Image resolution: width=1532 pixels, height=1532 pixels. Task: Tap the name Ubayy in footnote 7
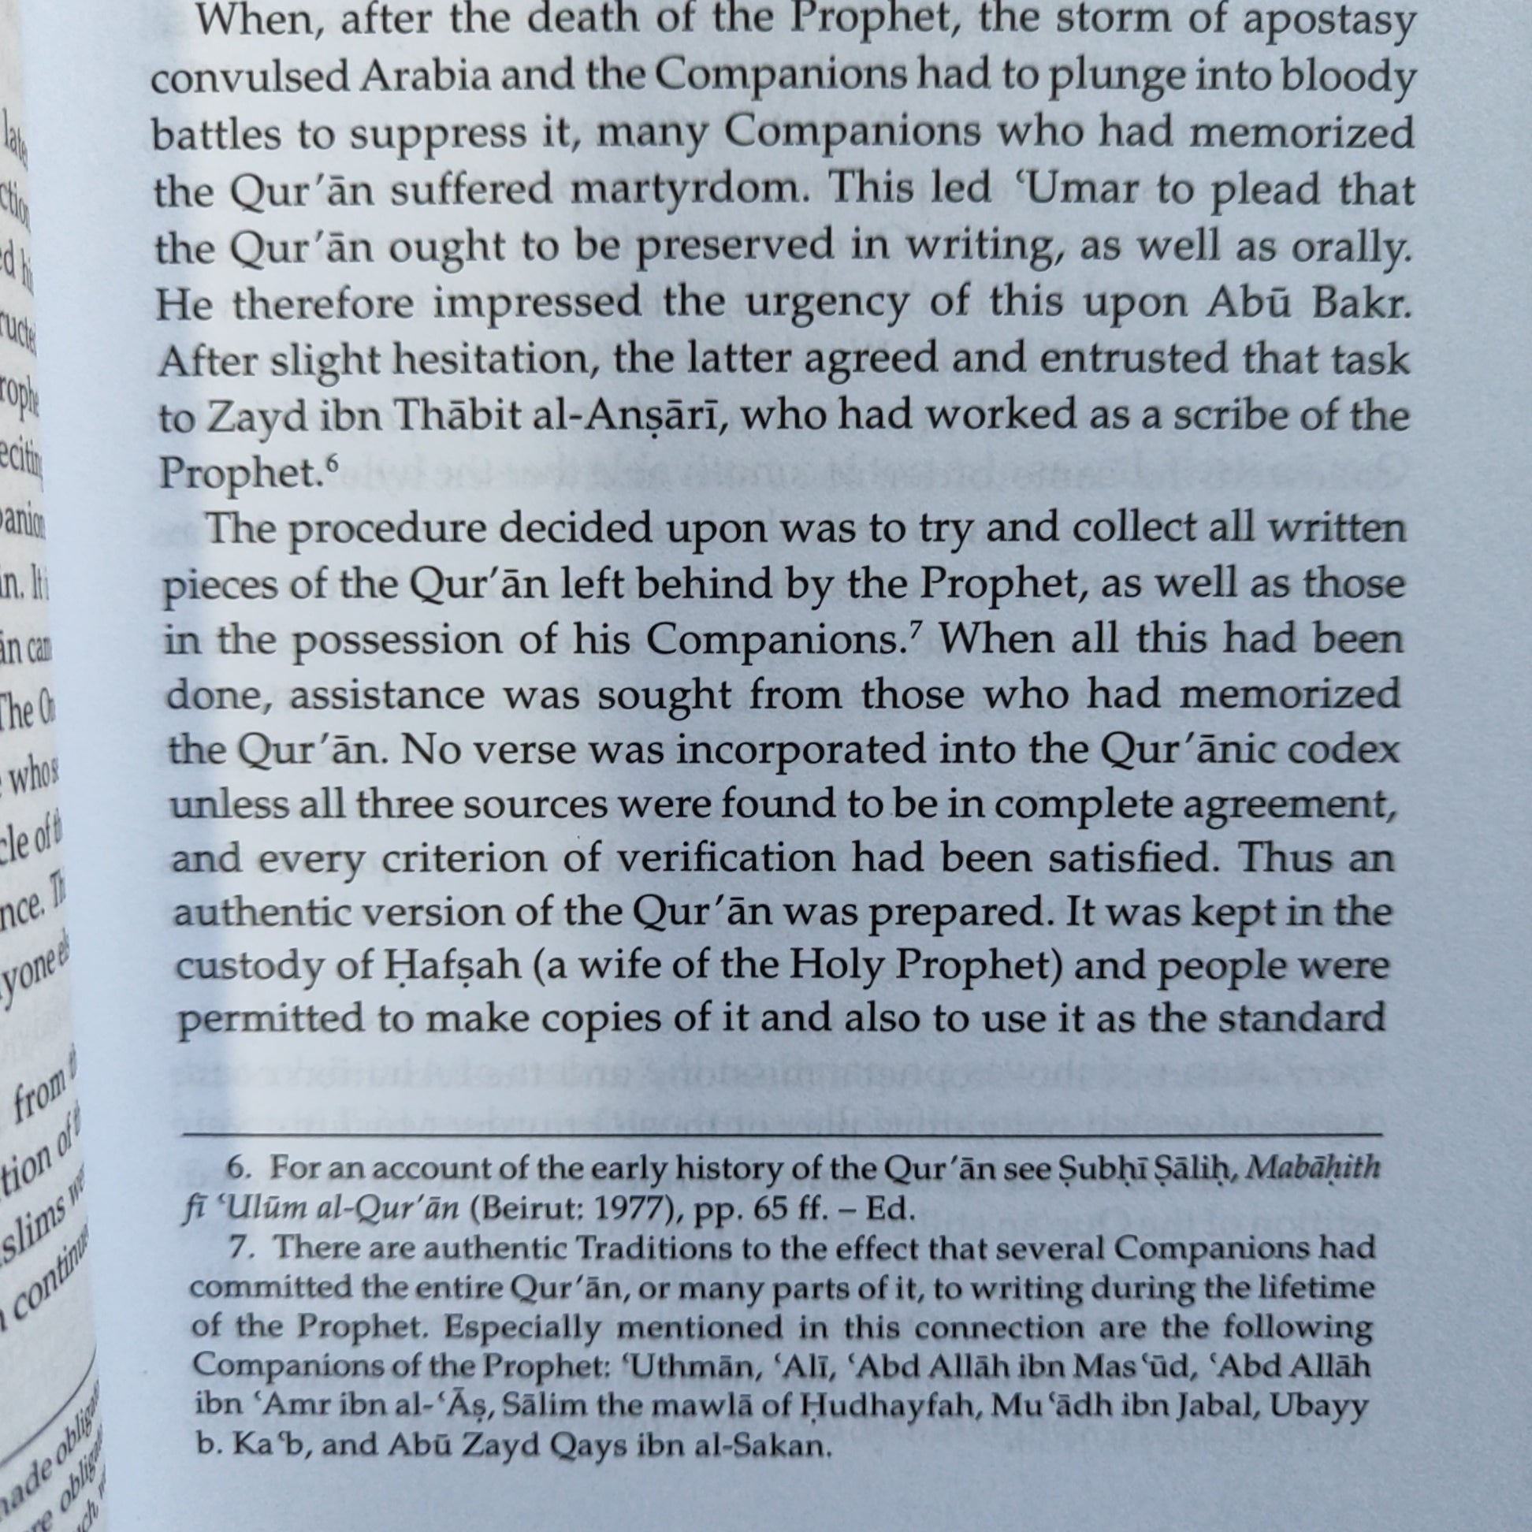click(1319, 1405)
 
